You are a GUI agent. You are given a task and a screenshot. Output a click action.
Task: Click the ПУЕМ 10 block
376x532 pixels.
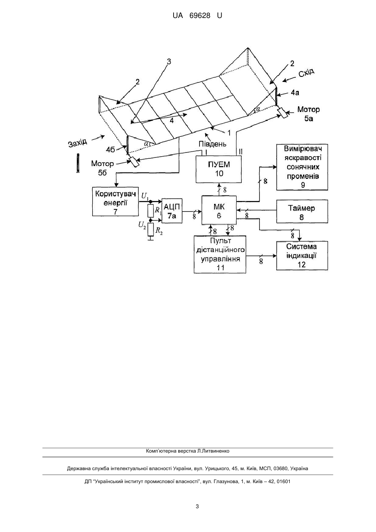[x=219, y=169]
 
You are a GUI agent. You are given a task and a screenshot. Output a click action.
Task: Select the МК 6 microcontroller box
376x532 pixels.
[x=219, y=210]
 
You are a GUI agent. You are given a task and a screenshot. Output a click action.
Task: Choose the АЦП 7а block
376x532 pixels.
[x=172, y=211]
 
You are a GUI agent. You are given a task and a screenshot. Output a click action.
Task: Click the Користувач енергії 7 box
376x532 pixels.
[x=115, y=201]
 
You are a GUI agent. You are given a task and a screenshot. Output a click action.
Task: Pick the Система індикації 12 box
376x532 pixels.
[x=302, y=255]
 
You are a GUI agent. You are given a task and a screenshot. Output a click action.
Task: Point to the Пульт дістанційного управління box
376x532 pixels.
[x=220, y=255]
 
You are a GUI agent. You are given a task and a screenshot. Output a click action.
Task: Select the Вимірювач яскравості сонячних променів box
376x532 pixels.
[x=302, y=167]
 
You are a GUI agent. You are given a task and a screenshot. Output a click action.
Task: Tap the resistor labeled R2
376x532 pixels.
[x=151, y=230]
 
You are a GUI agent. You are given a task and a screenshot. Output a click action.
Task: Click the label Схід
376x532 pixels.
[x=306, y=72]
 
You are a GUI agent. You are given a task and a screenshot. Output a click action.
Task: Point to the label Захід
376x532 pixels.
[x=78, y=143]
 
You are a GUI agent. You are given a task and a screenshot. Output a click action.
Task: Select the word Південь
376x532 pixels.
[x=212, y=144]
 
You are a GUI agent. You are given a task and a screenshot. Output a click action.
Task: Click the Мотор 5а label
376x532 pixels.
[x=308, y=114]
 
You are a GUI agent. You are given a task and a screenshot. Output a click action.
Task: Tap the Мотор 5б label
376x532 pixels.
[x=103, y=168]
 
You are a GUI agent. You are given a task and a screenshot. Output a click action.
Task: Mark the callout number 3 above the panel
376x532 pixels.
[x=169, y=62]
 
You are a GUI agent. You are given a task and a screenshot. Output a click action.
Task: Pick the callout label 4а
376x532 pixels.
[x=295, y=93]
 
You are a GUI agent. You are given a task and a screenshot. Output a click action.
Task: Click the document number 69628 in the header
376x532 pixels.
[x=200, y=15]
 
